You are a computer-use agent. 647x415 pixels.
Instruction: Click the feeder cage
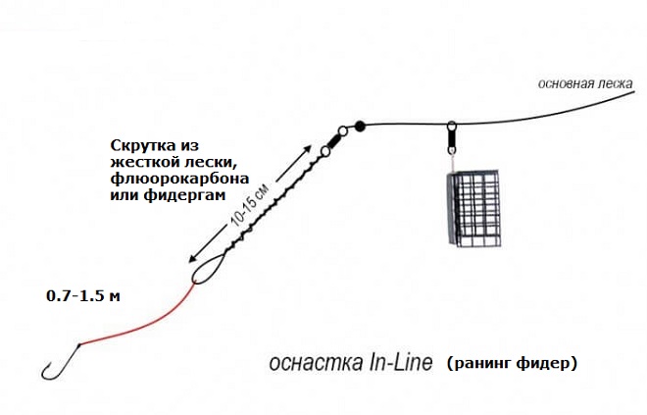pyautogui.click(x=473, y=210)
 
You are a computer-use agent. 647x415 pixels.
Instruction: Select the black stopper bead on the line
pyautogui.click(x=360, y=126)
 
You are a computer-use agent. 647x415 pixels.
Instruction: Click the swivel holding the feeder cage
pyautogui.click(x=452, y=138)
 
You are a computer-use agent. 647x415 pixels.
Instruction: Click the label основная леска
pyautogui.click(x=585, y=83)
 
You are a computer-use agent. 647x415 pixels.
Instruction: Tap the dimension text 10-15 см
pyautogui.click(x=250, y=204)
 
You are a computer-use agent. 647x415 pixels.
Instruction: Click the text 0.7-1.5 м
pyautogui.click(x=83, y=296)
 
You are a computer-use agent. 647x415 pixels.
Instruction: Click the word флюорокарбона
pyautogui.click(x=179, y=179)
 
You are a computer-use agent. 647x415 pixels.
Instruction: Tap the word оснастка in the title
pyautogui.click(x=316, y=363)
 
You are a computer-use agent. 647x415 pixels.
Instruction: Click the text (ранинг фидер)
pyautogui.click(x=512, y=363)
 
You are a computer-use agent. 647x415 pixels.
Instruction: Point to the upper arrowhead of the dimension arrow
pyautogui.click(x=306, y=150)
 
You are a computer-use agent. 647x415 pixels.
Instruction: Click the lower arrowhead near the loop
pyautogui.click(x=193, y=257)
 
